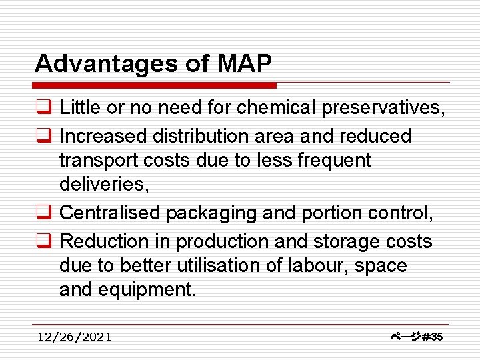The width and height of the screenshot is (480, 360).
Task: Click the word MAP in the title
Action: [245, 64]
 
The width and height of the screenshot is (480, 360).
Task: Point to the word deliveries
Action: [103, 185]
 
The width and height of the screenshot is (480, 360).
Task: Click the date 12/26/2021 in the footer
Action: [75, 337]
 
